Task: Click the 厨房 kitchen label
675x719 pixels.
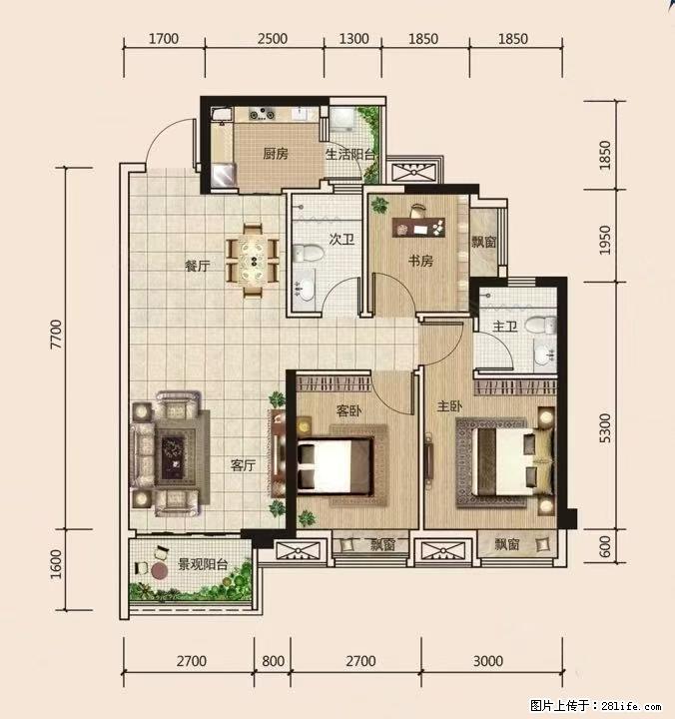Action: [x=276, y=154]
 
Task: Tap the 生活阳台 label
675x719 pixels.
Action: [x=350, y=155]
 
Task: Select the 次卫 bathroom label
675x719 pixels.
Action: [x=342, y=239]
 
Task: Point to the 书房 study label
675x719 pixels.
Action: [x=421, y=261]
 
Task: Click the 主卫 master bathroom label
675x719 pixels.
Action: [x=505, y=327]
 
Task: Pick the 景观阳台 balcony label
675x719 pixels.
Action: [x=203, y=564]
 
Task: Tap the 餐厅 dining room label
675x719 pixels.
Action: [x=198, y=266]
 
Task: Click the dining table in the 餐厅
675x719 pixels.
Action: [x=254, y=260]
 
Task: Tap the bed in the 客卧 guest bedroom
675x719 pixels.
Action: [x=335, y=467]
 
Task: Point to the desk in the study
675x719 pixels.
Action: [x=418, y=228]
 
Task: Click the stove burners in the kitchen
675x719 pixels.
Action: [x=262, y=113]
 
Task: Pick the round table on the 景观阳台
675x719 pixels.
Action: [x=160, y=571]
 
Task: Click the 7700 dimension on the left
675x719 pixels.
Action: [x=56, y=335]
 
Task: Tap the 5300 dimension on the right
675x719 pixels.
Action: [x=605, y=427]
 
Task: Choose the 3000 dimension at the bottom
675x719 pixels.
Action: [x=488, y=661]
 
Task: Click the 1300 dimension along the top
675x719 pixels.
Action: [x=353, y=39]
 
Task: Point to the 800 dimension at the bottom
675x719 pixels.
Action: [x=274, y=661]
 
